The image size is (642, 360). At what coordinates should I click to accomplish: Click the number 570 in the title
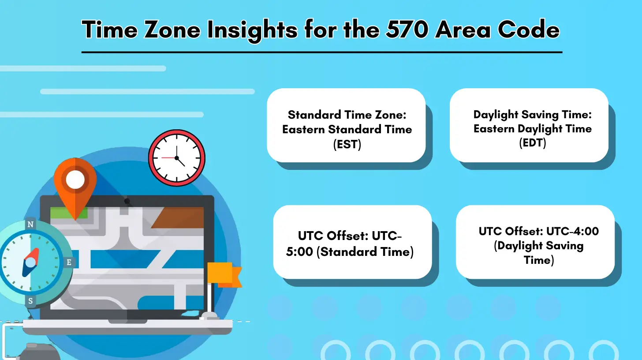407,30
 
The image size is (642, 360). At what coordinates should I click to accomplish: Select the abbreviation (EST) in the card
347,144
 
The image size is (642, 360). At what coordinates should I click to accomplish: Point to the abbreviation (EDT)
533,143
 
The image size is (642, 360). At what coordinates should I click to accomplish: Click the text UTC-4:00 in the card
572,231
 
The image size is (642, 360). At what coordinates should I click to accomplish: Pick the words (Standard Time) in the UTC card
365,252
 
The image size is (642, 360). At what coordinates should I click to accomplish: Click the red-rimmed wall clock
176,158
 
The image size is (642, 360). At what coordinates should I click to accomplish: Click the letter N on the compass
30,224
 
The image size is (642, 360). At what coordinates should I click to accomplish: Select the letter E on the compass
69,262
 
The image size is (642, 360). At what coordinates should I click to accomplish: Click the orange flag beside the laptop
224,274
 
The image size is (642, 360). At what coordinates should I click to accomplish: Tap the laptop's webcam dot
127,201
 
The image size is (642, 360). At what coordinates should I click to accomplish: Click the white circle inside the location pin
75,180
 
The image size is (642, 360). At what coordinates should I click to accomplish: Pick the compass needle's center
30,262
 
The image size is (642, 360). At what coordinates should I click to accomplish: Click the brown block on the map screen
178,218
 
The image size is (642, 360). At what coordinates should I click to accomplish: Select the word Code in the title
529,30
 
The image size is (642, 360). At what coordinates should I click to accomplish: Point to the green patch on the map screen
69,213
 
